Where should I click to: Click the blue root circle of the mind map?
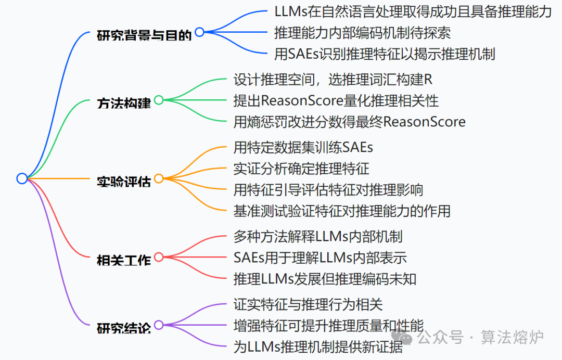(22, 178)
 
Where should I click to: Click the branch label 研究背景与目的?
(144, 35)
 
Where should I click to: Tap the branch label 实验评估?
(124, 182)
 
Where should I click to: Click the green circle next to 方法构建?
(159, 100)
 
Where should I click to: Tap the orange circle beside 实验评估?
(159, 178)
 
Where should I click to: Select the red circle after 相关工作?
(159, 257)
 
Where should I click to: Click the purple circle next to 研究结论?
(159, 325)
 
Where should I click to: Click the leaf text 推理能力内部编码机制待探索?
(362, 33)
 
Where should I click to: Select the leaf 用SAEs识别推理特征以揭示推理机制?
(385, 54)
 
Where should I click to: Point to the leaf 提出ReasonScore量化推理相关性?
(336, 100)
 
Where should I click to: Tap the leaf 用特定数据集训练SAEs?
(303, 147)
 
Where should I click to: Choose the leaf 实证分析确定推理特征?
(302, 168)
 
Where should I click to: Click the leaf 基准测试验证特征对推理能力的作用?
(342, 211)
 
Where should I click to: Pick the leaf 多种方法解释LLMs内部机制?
(318, 237)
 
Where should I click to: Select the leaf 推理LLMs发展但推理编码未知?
(325, 279)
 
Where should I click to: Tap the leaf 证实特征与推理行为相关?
(308, 304)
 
